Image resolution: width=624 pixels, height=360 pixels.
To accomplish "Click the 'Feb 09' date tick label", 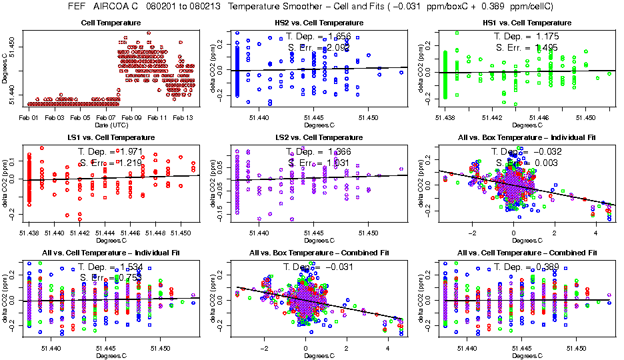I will (x=132, y=117).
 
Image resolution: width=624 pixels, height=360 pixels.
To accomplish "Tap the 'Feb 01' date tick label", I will (x=29, y=117).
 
